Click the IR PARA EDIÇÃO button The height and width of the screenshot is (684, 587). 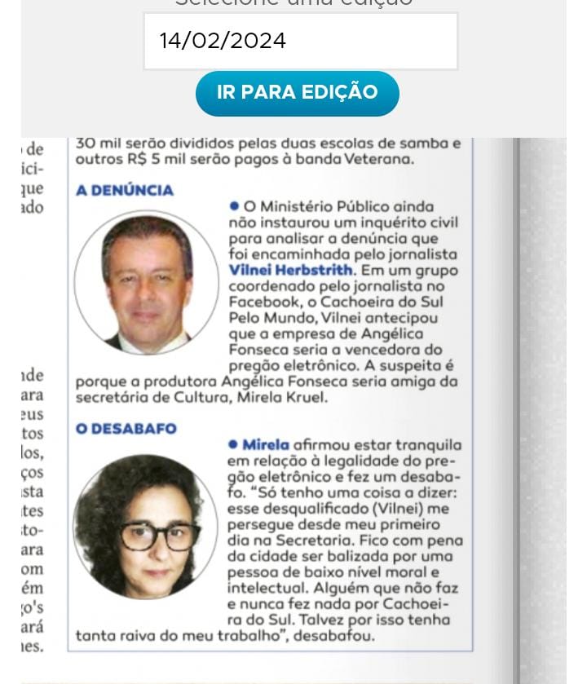[x=297, y=93]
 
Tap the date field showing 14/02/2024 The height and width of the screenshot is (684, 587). [x=300, y=41]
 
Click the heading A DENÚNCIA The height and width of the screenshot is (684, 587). [x=125, y=191]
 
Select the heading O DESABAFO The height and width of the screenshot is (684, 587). [x=126, y=429]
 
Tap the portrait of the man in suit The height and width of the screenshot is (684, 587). [x=147, y=282]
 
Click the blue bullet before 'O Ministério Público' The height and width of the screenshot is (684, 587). [x=234, y=207]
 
